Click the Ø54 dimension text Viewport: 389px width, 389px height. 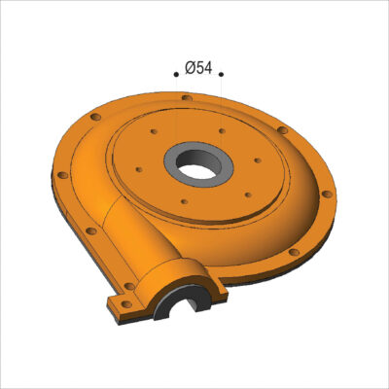click(x=198, y=68)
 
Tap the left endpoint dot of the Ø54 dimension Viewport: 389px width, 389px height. click(x=176, y=73)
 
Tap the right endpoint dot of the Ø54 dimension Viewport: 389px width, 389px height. click(x=221, y=73)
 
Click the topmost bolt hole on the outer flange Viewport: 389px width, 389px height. click(x=186, y=96)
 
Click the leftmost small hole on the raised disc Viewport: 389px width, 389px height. click(x=139, y=169)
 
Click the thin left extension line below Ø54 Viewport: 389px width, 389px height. click(x=176, y=107)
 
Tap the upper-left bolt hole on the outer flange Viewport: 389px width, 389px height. click(x=95, y=117)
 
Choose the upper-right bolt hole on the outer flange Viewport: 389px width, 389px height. click(x=281, y=129)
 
